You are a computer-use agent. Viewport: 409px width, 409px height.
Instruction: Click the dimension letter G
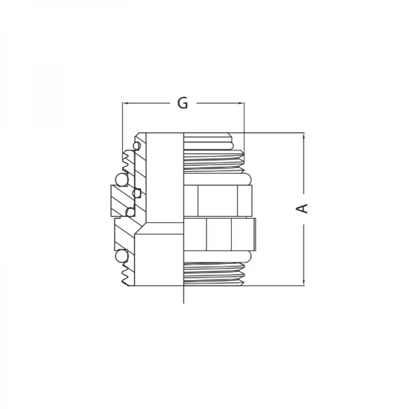pos(182,103)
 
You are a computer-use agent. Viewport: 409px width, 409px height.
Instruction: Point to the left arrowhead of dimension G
pos(125,104)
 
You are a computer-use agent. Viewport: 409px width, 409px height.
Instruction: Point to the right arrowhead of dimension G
pos(241,104)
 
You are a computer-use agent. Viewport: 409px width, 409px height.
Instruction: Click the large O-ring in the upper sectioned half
pos(121,179)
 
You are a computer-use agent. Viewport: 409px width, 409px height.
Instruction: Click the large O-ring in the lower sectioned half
pos(122,257)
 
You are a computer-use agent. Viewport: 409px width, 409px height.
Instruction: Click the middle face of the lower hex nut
pos(219,236)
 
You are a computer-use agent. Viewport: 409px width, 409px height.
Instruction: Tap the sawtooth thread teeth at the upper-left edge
pos(127,161)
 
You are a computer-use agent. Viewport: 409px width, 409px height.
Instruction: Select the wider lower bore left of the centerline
pos(160,259)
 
